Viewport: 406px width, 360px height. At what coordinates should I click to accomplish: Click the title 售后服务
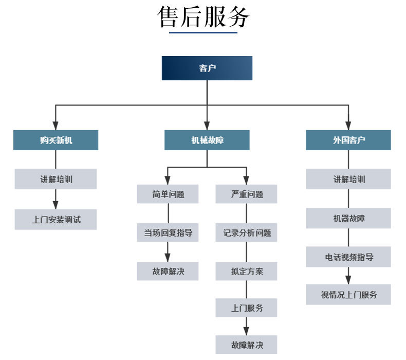[203, 16]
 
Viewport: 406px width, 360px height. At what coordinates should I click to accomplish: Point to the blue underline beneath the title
[203, 33]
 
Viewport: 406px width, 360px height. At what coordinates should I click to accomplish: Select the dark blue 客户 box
[207, 68]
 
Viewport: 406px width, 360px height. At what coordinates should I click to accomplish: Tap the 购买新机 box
[56, 140]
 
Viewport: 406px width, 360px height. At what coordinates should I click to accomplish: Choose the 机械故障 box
[207, 140]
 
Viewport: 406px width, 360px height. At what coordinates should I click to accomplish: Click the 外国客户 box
[348, 140]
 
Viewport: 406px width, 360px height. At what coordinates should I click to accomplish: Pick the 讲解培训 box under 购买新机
[56, 179]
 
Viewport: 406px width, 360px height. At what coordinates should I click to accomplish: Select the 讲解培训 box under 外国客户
[348, 179]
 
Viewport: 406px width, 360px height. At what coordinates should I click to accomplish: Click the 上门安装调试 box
[56, 220]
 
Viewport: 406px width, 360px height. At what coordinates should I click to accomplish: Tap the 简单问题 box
[168, 194]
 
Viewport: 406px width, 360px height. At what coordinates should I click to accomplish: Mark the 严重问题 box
[246, 194]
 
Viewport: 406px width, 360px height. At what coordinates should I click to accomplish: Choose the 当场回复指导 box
[168, 232]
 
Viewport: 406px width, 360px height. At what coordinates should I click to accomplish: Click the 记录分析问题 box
[246, 232]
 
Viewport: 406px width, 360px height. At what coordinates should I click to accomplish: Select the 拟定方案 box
[246, 271]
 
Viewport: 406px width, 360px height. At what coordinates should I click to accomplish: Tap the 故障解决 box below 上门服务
[246, 344]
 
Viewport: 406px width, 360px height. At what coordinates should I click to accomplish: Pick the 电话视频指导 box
[348, 257]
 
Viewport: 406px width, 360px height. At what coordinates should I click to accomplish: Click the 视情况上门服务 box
[348, 295]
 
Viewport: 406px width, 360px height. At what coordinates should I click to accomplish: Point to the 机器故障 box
[348, 218]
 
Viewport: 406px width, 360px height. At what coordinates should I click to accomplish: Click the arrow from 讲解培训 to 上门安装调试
[56, 199]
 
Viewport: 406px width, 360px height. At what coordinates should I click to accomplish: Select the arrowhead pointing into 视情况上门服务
[348, 280]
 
